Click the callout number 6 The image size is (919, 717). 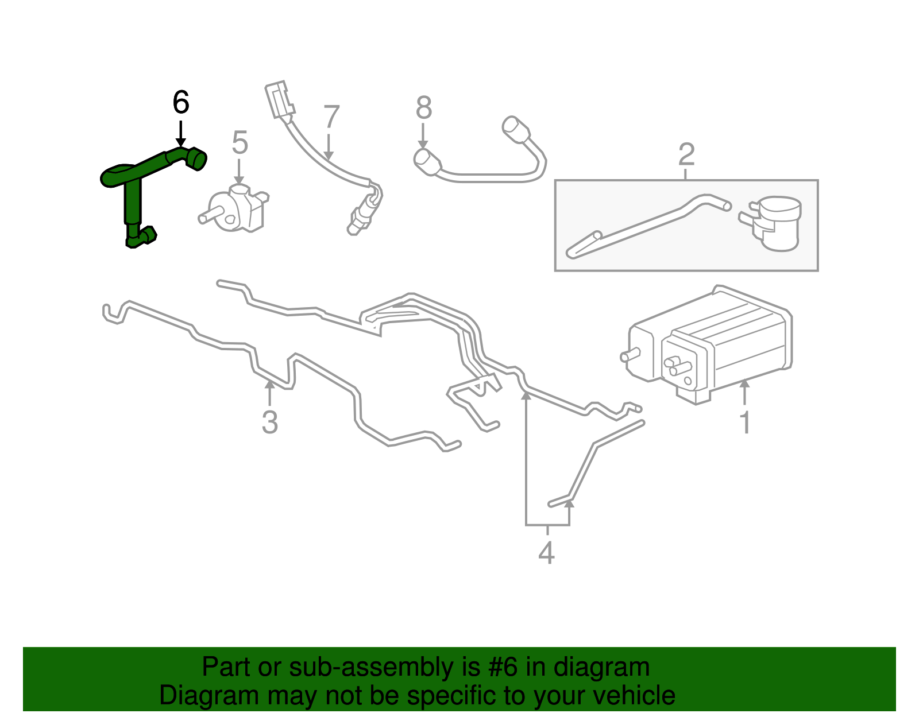pos(181,103)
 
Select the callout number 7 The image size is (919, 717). pos(331,117)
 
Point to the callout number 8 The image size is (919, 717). pos(424,108)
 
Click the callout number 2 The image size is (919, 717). pos(686,154)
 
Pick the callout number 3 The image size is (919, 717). pos(269,422)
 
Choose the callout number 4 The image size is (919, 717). pos(546,553)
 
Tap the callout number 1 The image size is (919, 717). pos(745,423)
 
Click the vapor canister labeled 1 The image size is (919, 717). pos(712,344)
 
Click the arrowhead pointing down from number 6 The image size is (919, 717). pos(181,142)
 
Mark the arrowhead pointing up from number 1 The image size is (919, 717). pos(744,384)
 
